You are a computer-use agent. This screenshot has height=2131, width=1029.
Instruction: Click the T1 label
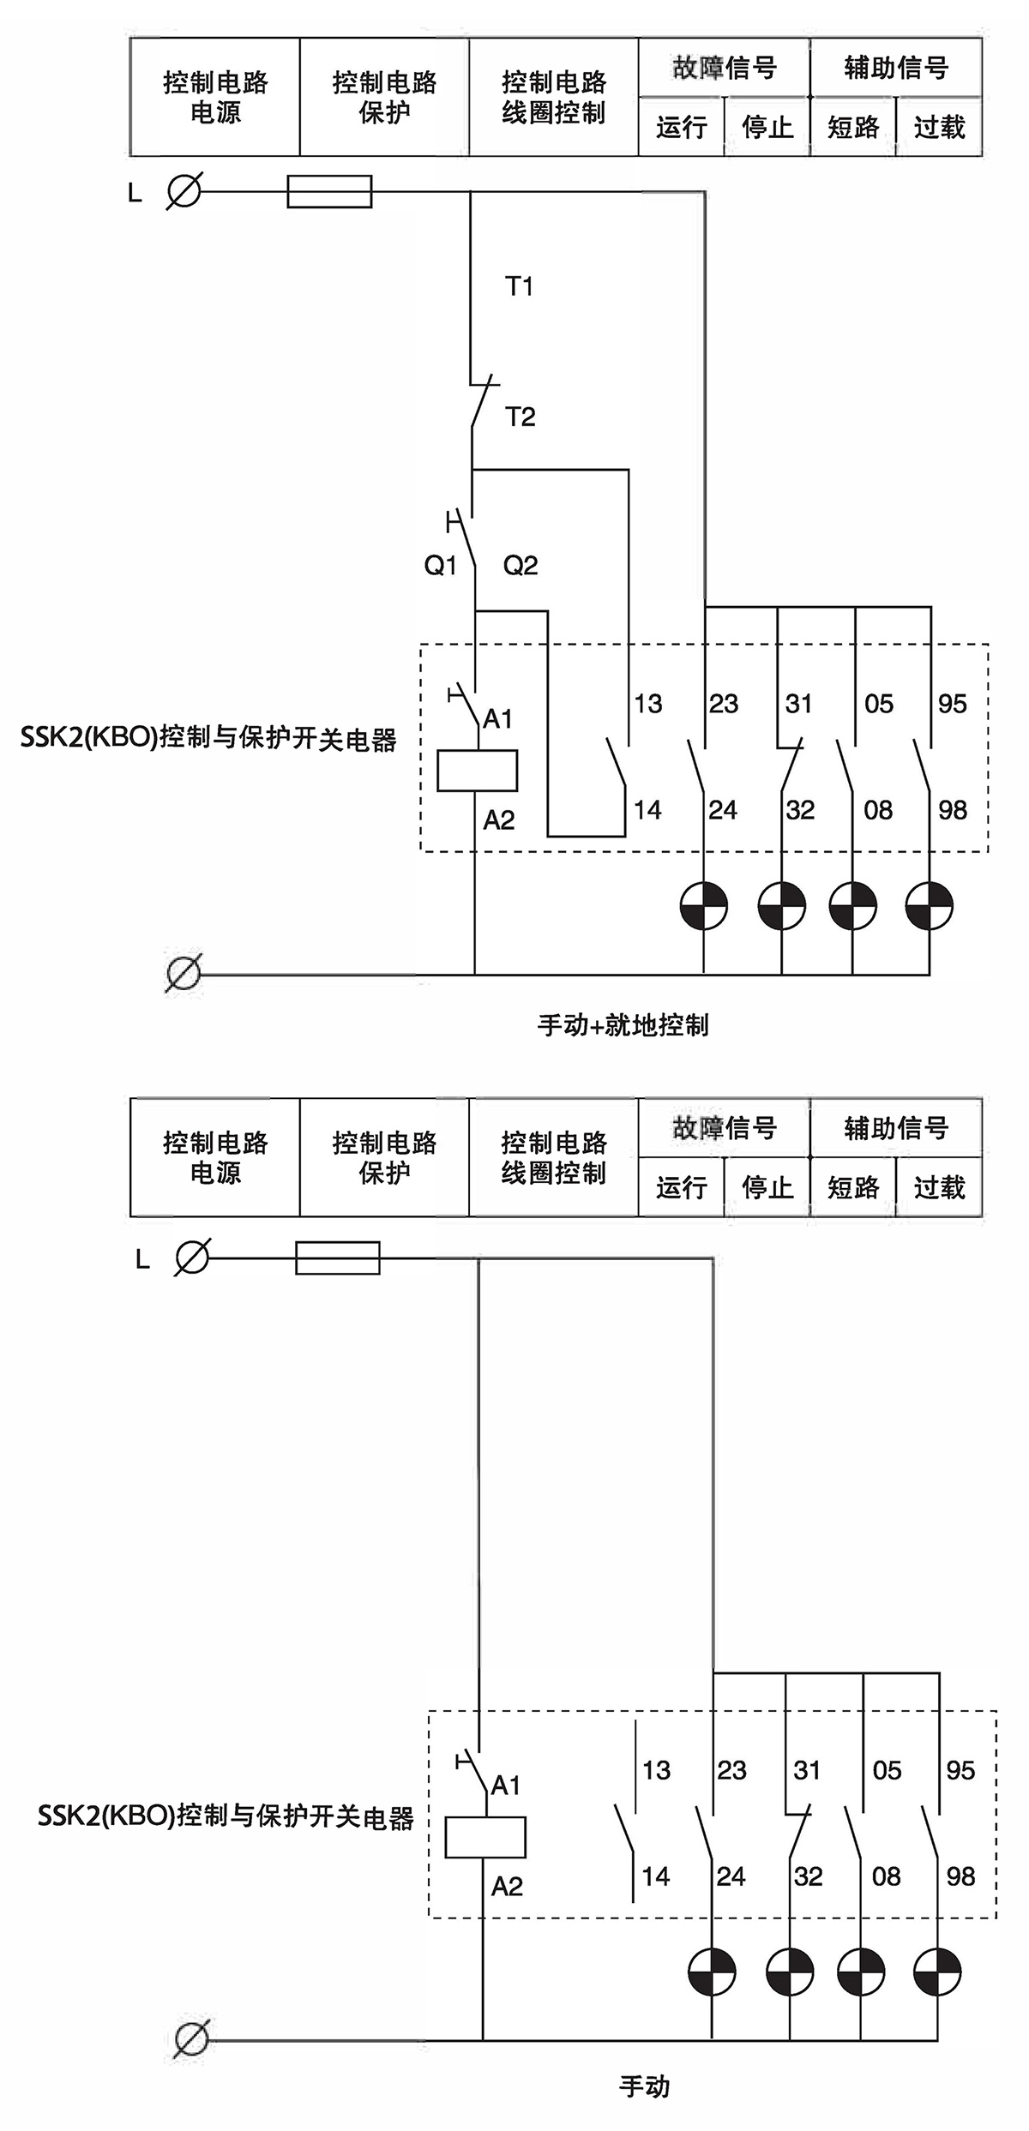(x=519, y=285)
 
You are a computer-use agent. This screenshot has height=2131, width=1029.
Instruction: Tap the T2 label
(x=520, y=417)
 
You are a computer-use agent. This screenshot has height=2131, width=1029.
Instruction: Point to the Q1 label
(x=441, y=565)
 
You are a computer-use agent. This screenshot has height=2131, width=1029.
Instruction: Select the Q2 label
(x=520, y=565)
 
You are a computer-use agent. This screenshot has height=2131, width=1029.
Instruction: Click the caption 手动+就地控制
(x=623, y=1024)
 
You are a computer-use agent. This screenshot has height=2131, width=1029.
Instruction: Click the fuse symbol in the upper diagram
(x=329, y=191)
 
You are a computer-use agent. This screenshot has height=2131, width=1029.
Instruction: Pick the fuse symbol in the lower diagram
(x=337, y=1258)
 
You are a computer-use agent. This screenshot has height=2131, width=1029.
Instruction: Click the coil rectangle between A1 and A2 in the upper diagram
(x=477, y=770)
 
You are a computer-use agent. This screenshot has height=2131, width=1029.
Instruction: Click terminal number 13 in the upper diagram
(x=648, y=704)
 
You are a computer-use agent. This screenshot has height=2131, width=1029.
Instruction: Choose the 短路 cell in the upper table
(x=853, y=127)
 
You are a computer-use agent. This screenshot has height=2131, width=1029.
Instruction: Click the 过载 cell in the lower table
(x=939, y=1187)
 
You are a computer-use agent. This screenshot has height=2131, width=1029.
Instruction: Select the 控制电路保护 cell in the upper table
(x=384, y=97)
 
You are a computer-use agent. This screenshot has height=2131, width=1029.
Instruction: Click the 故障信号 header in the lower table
(x=724, y=1127)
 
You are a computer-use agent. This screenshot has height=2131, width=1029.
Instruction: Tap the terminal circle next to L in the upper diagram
(x=184, y=190)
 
